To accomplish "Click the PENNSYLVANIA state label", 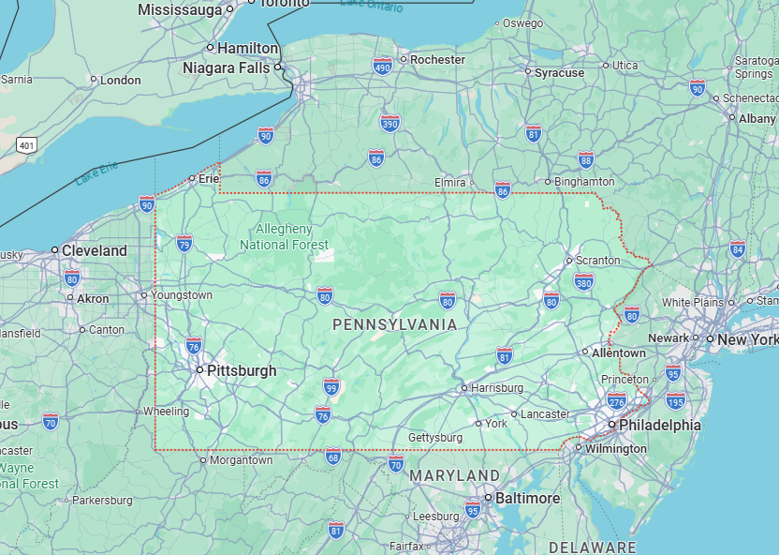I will point(395,325).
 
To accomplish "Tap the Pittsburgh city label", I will point(241,370).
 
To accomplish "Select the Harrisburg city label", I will point(496,387).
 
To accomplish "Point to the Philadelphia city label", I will point(659,425).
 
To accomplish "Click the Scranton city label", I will point(597,260).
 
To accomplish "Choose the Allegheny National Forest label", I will point(284,237).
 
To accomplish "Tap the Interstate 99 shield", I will point(331,386).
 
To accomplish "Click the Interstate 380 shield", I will point(583,282).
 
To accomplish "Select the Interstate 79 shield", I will point(184,244).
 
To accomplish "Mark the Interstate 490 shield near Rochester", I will point(382,66).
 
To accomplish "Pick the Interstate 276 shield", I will point(616,402).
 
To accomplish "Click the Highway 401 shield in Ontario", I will point(26,144).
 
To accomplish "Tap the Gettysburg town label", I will point(434,438).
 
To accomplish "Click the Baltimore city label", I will point(527,498).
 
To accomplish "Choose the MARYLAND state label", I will point(455,476).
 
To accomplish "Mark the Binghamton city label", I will point(584,181).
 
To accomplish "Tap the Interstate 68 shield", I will point(333,456).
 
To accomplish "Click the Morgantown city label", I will point(241,460).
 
